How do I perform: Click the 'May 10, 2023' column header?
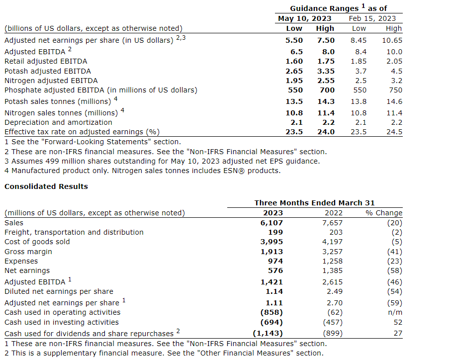(x=304, y=18)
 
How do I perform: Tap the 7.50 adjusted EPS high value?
(x=325, y=40)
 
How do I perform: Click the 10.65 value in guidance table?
(x=392, y=40)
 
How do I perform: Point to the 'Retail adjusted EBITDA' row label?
(x=46, y=61)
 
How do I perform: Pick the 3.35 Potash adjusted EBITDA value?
(x=325, y=71)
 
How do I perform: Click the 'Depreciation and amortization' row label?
(x=58, y=122)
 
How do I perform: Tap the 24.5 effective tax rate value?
(x=393, y=132)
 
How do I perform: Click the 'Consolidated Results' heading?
(x=46, y=186)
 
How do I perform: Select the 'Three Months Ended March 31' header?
(x=314, y=203)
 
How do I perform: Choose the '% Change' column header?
(x=383, y=213)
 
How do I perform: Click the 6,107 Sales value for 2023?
(x=272, y=223)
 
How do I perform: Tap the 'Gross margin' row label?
(x=28, y=252)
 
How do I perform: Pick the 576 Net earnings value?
(x=275, y=270)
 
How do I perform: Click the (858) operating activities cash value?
(x=271, y=312)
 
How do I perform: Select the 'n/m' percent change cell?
(x=395, y=312)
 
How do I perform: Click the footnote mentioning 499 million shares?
(x=162, y=161)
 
